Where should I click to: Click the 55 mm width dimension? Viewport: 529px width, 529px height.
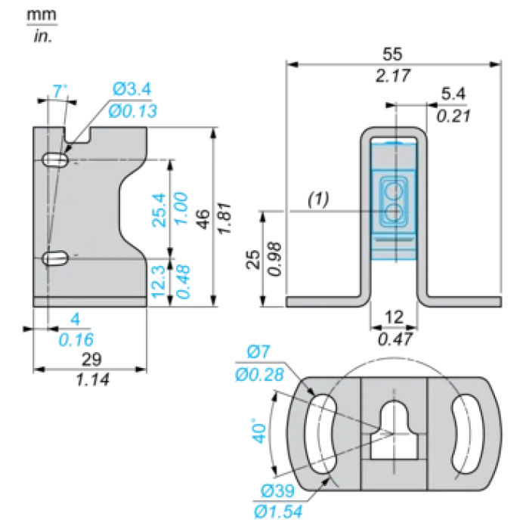pyautogui.click(x=392, y=54)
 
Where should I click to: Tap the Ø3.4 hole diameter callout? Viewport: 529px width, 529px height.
pyautogui.click(x=132, y=89)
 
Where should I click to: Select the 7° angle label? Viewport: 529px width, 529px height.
pyautogui.click(x=60, y=91)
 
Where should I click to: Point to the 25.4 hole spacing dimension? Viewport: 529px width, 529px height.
pyautogui.click(x=159, y=209)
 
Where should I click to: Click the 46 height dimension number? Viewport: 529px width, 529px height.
pyautogui.click(x=203, y=219)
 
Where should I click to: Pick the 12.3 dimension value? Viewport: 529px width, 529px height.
pyautogui.click(x=159, y=282)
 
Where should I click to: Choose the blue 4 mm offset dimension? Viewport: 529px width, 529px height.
pyautogui.click(x=76, y=319)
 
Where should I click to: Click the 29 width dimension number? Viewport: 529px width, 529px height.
pyautogui.click(x=91, y=359)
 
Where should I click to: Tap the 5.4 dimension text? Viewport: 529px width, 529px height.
pyautogui.click(x=453, y=94)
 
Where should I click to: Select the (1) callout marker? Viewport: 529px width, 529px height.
pyautogui.click(x=318, y=199)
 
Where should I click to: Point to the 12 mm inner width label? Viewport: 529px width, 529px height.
pyautogui.click(x=394, y=317)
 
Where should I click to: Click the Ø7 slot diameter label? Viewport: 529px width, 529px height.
pyautogui.click(x=258, y=352)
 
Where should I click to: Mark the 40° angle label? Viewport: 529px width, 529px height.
pyautogui.click(x=258, y=431)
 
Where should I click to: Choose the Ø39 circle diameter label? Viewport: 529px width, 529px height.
pyautogui.click(x=277, y=491)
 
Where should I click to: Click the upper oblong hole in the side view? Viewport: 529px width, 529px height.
pyautogui.click(x=55, y=159)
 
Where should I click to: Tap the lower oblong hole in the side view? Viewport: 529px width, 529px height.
pyautogui.click(x=55, y=258)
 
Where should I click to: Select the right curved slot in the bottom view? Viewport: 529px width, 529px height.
pyautogui.click(x=466, y=434)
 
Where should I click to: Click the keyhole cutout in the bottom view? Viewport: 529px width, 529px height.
pyautogui.click(x=394, y=430)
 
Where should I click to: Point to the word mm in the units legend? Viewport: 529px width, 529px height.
pyautogui.click(x=42, y=15)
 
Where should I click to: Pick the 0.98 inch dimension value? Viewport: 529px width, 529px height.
pyautogui.click(x=274, y=258)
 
